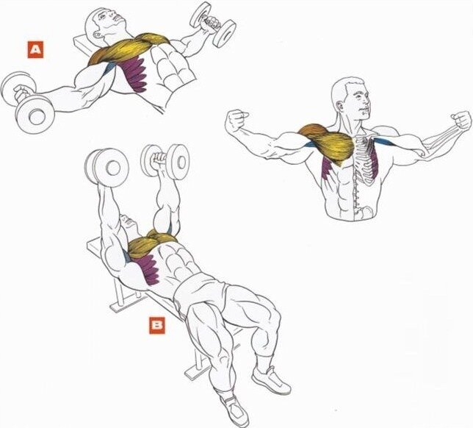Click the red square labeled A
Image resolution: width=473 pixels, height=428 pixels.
click(x=35, y=50)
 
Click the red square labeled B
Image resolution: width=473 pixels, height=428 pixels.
click(x=157, y=325)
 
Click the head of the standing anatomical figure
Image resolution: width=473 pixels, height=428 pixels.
click(x=350, y=97)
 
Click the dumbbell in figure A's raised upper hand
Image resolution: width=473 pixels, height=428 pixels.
click(x=213, y=24)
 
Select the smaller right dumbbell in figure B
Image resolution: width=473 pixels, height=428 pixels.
click(x=165, y=160)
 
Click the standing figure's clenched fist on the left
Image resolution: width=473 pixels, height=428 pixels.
click(x=236, y=120)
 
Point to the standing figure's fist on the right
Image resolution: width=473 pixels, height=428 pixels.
click(x=461, y=121)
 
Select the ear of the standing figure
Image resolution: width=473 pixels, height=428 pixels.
click(x=339, y=106)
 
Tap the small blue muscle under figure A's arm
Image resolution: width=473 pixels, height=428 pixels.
click(x=110, y=68)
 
